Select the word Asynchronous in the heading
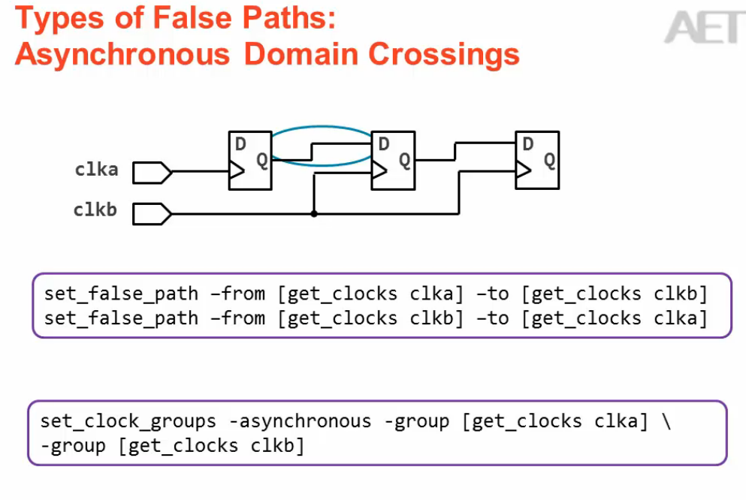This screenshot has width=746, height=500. (x=122, y=54)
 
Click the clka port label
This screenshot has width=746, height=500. (x=96, y=170)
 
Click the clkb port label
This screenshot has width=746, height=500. (x=95, y=210)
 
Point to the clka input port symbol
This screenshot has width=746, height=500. (x=153, y=173)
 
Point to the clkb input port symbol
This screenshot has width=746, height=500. (x=153, y=214)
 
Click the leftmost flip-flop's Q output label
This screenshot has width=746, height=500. (x=262, y=160)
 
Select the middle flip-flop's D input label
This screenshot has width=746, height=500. (x=384, y=144)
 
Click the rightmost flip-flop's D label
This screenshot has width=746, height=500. (x=527, y=144)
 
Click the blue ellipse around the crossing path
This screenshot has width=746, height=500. (x=322, y=128)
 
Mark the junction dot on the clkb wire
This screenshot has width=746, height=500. (x=313, y=214)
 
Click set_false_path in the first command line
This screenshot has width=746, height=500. (x=121, y=294)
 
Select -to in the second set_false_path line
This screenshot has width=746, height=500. (x=492, y=318)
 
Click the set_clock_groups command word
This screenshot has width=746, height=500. (x=128, y=421)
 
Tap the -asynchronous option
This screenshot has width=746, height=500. (x=300, y=421)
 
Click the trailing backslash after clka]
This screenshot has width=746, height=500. (x=666, y=421)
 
